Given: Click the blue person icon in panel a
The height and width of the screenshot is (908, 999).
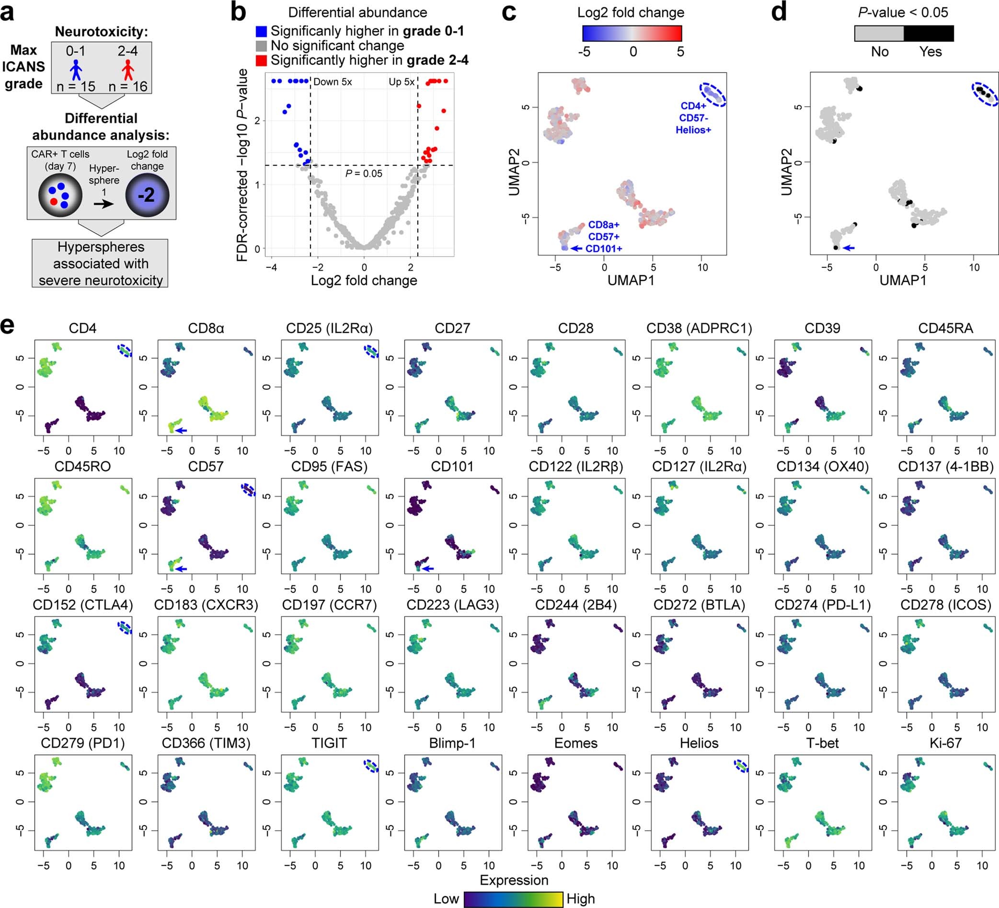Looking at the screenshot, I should click(x=75, y=70).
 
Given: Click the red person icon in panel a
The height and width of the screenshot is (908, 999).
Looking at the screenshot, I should click(x=128, y=70).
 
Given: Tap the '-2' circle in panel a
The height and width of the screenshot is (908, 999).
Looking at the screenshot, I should click(x=147, y=195).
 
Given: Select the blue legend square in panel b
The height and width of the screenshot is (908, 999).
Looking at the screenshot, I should click(x=261, y=31).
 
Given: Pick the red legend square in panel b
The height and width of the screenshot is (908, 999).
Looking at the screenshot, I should click(x=261, y=60).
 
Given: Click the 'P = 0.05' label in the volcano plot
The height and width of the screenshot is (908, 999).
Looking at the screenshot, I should click(x=364, y=173).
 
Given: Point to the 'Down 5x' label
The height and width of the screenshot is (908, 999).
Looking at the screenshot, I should click(x=333, y=82).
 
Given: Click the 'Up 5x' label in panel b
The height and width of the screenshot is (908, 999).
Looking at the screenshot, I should click(x=402, y=82).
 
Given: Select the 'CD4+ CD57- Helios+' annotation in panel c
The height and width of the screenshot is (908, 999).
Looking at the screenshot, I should click(x=693, y=118).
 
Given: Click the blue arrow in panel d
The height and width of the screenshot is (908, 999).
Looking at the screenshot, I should click(x=849, y=247).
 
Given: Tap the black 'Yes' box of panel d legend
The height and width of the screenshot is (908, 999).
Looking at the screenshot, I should click(x=928, y=33).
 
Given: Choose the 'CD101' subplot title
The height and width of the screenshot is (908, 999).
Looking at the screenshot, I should click(x=452, y=466).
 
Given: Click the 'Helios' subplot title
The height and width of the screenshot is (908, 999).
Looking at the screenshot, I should click(x=699, y=743).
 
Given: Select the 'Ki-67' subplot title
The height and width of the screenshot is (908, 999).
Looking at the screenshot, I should click(x=945, y=743).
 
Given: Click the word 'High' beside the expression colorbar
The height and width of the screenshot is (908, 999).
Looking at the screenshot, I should click(x=580, y=898).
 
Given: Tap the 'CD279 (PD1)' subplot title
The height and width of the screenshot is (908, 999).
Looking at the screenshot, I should click(x=83, y=743).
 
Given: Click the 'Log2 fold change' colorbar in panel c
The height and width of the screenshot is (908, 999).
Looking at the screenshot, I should click(x=632, y=33).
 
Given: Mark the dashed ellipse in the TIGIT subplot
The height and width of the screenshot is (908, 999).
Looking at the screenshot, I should click(x=371, y=766).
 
